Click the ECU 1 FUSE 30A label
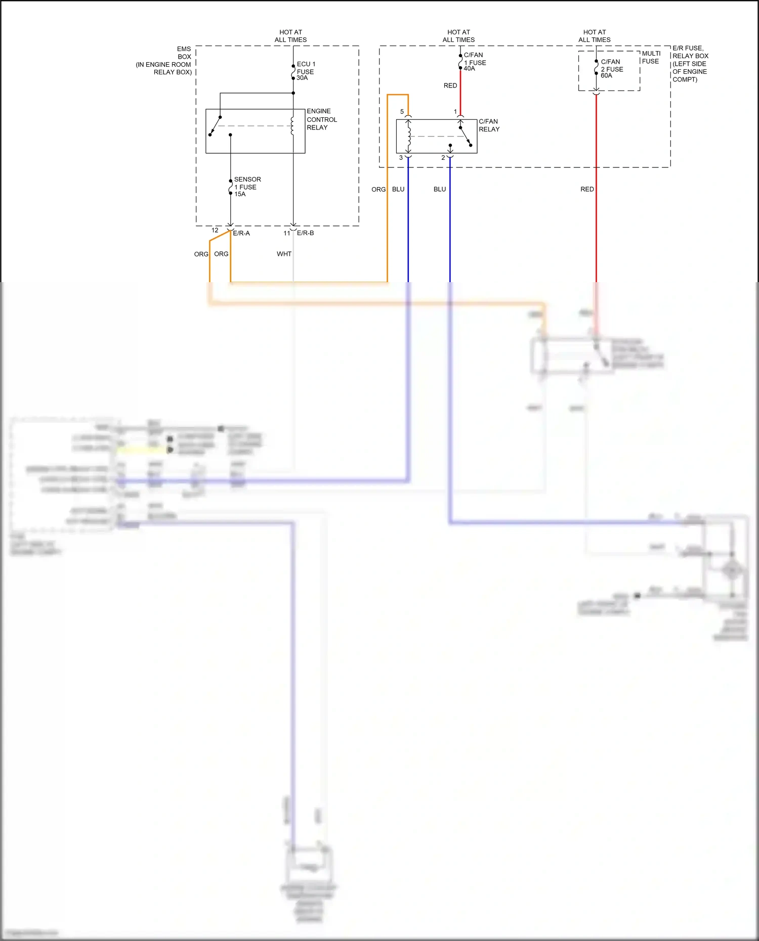click(x=306, y=71)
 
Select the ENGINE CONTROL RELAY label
click(x=321, y=119)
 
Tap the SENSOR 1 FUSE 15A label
click(x=247, y=187)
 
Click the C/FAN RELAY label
click(x=489, y=125)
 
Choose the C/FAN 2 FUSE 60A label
click(x=611, y=69)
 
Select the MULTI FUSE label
click(x=651, y=57)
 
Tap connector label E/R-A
click(x=241, y=233)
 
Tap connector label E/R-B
click(x=305, y=233)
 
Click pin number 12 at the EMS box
click(x=215, y=230)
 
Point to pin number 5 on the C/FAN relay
click(x=402, y=112)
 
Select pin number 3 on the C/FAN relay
click(x=401, y=158)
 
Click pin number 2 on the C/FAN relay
click(x=443, y=158)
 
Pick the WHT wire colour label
click(x=284, y=254)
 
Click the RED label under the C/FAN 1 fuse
click(x=450, y=85)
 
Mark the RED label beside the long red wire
click(x=587, y=189)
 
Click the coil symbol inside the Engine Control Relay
click(x=292, y=126)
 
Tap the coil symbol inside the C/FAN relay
click(x=408, y=136)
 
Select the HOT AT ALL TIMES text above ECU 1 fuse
click(x=290, y=36)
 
